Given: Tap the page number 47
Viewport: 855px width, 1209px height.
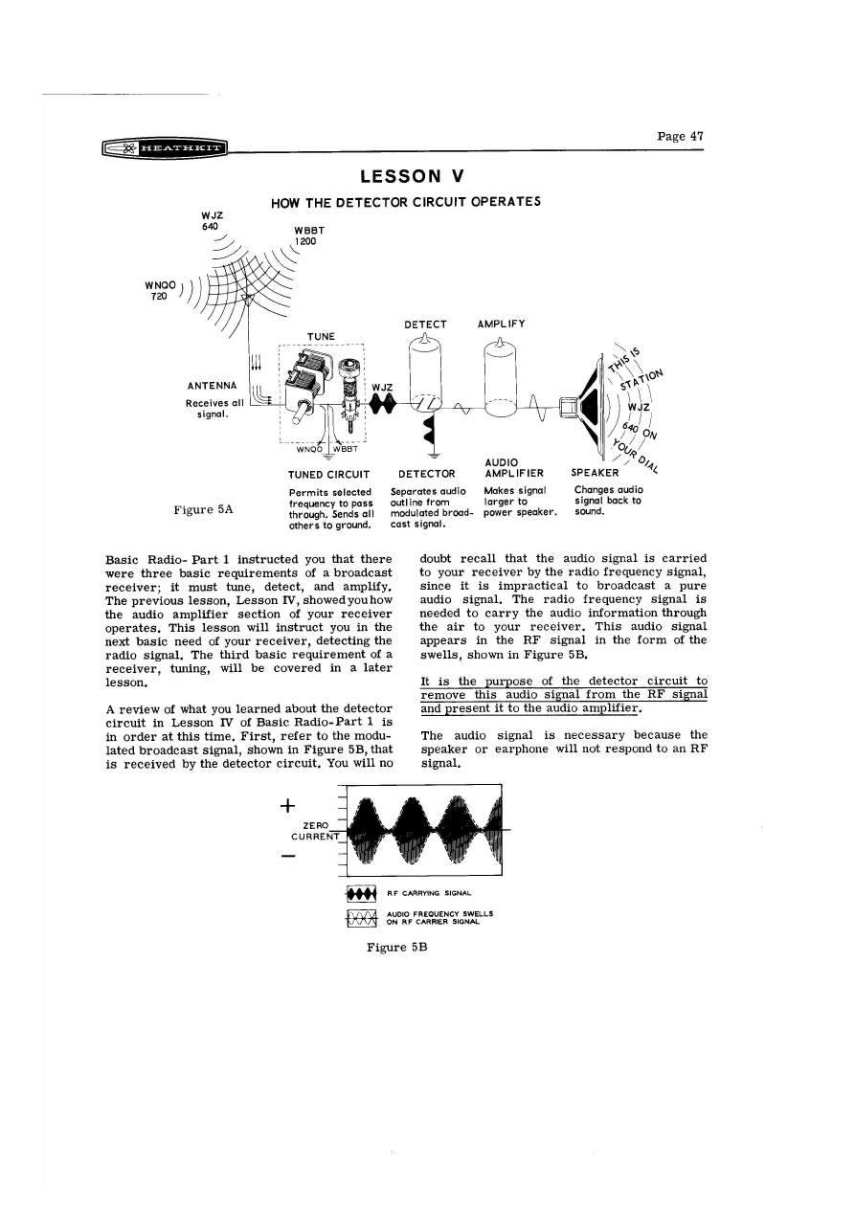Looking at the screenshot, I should [681, 136].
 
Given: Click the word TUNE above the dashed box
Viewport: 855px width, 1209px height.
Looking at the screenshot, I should [320, 336].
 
